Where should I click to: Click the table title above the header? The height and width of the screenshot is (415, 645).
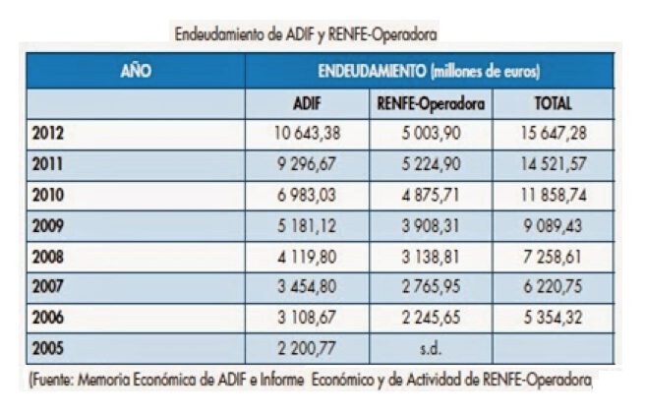click(305, 32)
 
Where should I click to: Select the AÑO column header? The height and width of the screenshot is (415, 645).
click(135, 72)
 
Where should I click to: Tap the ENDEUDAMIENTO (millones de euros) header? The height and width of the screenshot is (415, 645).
click(429, 72)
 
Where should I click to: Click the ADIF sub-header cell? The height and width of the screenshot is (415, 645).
click(306, 103)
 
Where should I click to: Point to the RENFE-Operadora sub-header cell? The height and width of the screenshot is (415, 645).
click(430, 103)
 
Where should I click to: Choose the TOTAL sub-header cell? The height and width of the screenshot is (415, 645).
click(552, 103)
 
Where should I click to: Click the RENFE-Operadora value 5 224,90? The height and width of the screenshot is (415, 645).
click(429, 164)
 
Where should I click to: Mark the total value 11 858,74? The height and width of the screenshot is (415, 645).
click(552, 195)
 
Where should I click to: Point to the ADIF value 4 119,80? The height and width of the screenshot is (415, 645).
click(307, 256)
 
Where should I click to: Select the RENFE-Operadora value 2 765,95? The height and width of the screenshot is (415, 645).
click(429, 286)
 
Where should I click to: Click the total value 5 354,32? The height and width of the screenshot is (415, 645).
click(552, 317)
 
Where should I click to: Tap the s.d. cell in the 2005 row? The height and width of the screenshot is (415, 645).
click(430, 347)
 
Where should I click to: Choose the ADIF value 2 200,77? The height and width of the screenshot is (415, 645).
click(307, 347)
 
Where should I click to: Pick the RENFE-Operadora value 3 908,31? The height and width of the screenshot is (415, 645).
click(429, 225)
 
